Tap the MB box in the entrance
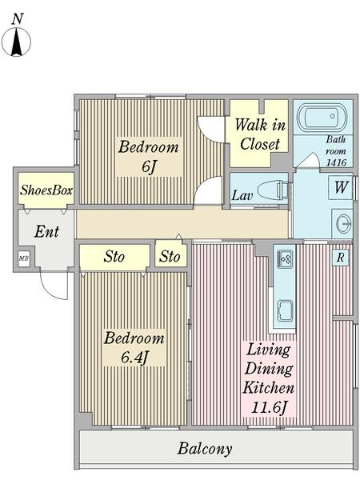coord(23,258)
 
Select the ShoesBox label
coord(46,190)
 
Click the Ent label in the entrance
coord(46,231)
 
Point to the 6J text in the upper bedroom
coord(149,167)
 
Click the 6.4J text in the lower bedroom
coord(134,357)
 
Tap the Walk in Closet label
coord(260,134)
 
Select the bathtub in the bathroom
coord(322,116)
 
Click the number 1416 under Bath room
coord(336,162)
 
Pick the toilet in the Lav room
coord(273,190)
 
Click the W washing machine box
coord(341,187)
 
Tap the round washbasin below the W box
coord(342,224)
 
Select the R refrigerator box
coord(341,258)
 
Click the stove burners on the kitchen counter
coord(285,259)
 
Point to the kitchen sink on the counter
coord(285,311)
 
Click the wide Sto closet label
coord(114,257)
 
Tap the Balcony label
coord(205,449)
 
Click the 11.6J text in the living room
coord(270,407)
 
